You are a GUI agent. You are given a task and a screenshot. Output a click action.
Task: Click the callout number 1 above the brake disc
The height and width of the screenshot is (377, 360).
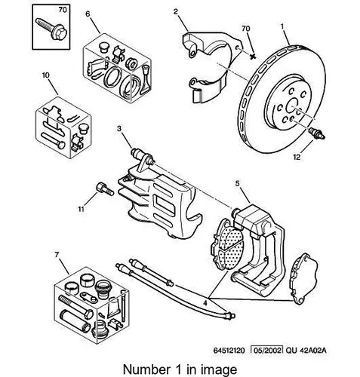(282, 26)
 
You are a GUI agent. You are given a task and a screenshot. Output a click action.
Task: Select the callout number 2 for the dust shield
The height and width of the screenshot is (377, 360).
(175, 11)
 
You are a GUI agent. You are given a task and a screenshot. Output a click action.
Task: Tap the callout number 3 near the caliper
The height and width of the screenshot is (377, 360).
(119, 129)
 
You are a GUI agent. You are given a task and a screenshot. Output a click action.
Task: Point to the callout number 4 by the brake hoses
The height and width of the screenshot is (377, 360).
(205, 303)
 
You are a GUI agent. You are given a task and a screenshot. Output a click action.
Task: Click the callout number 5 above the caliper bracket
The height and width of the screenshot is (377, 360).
(238, 184)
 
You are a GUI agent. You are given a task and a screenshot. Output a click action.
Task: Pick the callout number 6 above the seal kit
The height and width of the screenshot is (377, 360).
(88, 14)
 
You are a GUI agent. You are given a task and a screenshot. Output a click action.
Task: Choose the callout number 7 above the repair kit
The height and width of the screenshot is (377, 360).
(57, 255)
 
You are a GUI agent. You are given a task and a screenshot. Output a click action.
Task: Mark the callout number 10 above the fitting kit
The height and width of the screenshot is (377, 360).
(46, 75)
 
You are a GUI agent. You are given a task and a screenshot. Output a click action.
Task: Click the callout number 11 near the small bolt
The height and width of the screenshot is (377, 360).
(81, 209)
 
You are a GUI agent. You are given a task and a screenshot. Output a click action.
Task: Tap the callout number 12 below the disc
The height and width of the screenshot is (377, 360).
(297, 157)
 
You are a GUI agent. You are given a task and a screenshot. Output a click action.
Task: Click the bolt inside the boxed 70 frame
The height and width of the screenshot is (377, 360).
(51, 29)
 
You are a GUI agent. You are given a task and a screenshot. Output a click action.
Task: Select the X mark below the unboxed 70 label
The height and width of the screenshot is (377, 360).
(253, 56)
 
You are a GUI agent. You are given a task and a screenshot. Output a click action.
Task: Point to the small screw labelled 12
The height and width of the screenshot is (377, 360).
(317, 133)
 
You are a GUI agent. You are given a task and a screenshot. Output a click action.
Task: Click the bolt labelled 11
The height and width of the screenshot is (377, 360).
(105, 188)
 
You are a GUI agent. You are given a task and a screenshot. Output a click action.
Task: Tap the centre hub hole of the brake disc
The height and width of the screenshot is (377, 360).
(292, 106)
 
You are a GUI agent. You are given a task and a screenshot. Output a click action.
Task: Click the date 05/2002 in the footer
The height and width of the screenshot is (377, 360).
(267, 350)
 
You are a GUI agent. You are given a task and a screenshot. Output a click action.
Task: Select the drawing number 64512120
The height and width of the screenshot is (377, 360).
(229, 350)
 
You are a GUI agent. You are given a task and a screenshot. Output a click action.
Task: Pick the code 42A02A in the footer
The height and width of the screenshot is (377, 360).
(313, 350)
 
